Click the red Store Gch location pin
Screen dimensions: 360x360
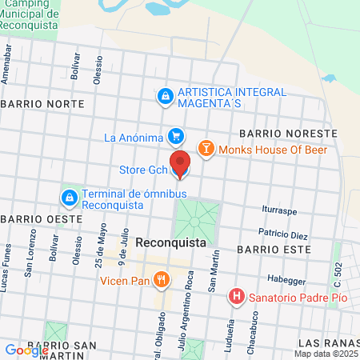[x=180, y=163]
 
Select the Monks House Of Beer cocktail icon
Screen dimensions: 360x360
[x=206, y=148]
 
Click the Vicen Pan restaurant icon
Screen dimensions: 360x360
[x=162, y=280]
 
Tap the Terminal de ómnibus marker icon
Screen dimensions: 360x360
[x=70, y=197]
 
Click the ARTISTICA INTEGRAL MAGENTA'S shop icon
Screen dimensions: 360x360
[x=166, y=96]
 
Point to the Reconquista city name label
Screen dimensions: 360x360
[x=166, y=242]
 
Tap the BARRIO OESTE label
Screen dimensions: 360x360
[x=42, y=218]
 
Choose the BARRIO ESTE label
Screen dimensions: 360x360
[x=266, y=249]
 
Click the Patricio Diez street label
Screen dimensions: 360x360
[x=282, y=235]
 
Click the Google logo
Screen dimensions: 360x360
[x=26, y=350]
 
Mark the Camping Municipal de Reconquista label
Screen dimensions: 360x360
[x=32, y=15]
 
